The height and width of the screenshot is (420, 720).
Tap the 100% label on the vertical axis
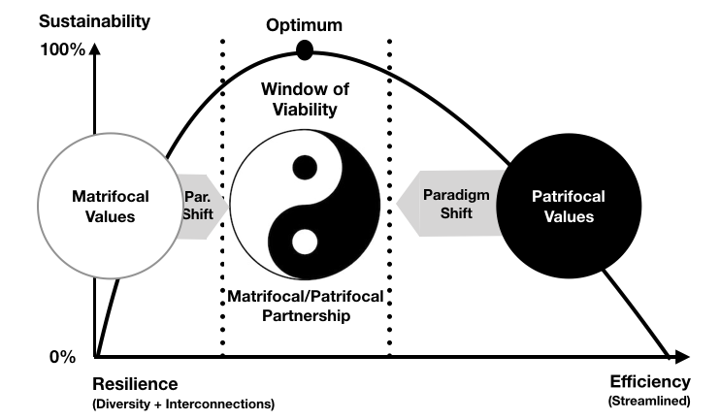tap(65, 49)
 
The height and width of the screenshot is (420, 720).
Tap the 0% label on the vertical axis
tap(63, 357)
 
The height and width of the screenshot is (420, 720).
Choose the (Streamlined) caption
tap(649, 401)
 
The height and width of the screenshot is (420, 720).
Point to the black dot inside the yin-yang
tap(305, 167)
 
